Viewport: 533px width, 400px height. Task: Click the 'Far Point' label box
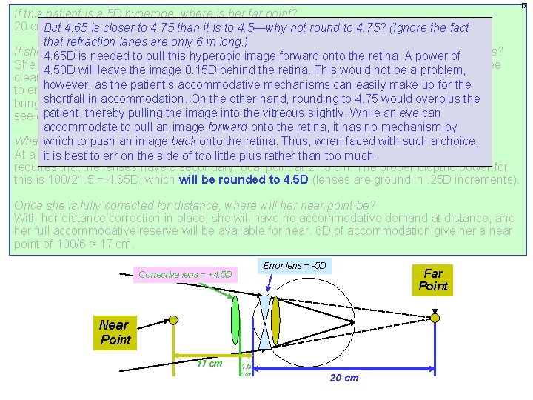point(433,280)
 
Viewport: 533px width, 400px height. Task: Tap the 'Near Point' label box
point(115,332)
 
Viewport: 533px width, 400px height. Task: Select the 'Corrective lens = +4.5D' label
point(185,275)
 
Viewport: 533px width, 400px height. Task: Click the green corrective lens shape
point(236,318)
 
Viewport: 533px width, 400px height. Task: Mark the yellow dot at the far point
point(435,317)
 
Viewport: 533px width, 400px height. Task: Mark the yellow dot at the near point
point(173,319)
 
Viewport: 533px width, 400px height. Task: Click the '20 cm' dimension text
point(342,378)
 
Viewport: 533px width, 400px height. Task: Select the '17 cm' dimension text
point(209,363)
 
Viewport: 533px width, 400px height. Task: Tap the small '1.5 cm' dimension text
point(246,370)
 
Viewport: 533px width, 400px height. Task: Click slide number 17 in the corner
point(524,6)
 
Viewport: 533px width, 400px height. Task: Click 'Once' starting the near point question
point(28,204)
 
